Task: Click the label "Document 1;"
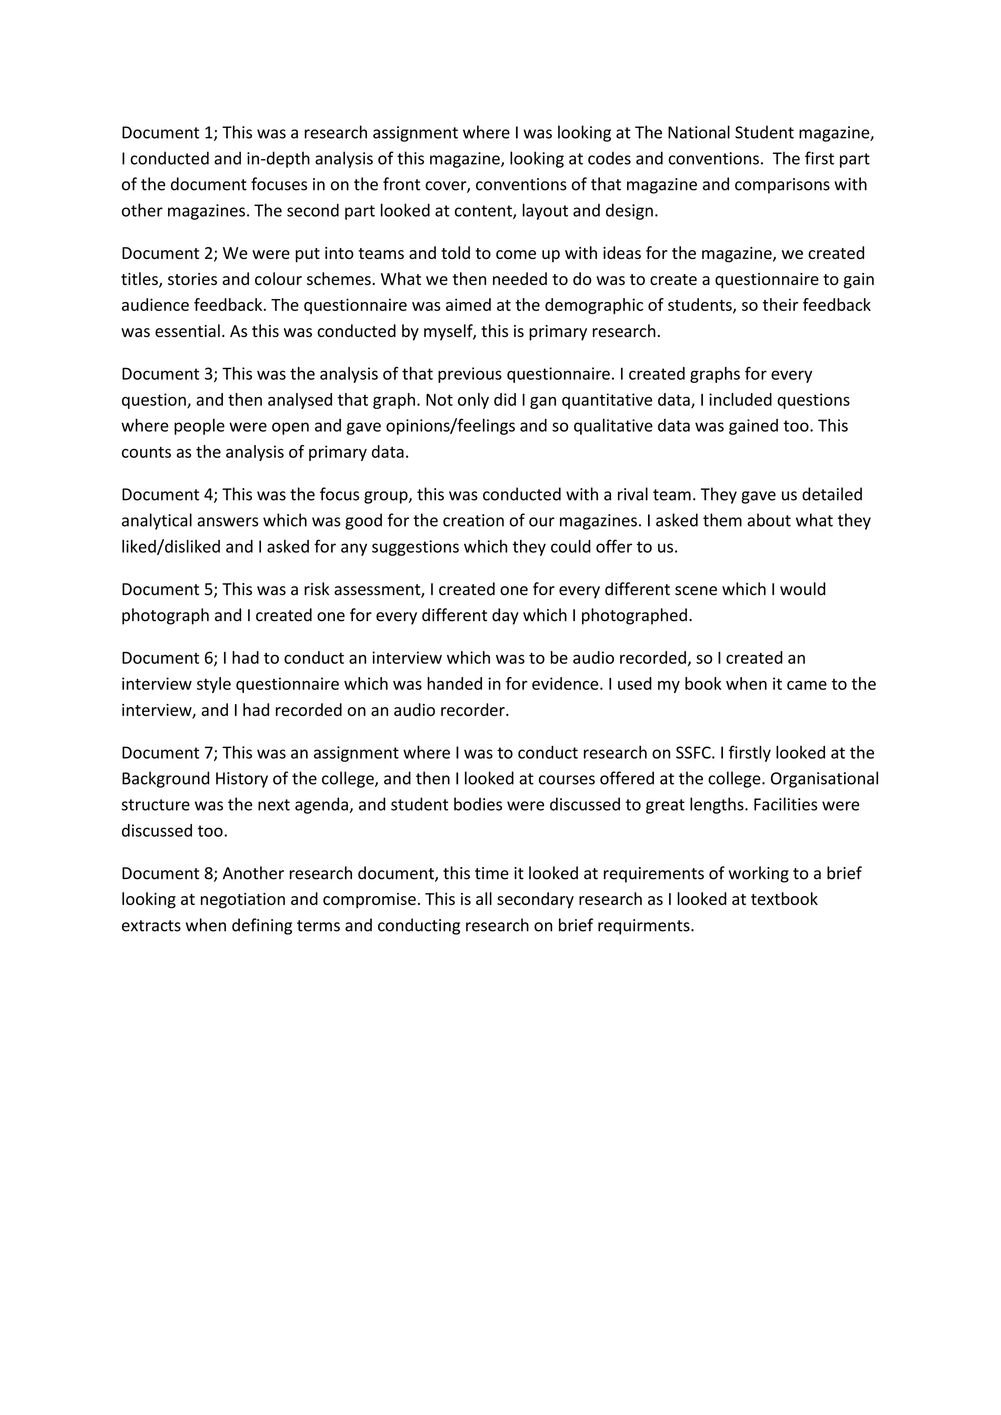[169, 133]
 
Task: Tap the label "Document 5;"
[169, 590]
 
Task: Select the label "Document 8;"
[169, 874]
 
